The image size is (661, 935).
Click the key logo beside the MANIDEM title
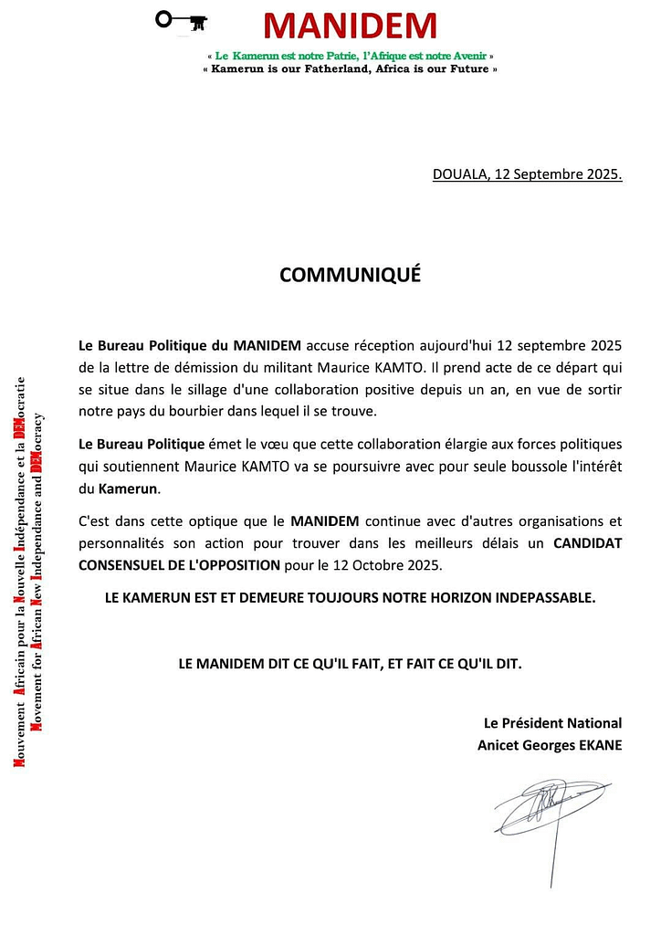(x=181, y=20)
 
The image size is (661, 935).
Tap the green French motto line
(x=351, y=57)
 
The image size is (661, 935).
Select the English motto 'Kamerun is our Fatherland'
(x=351, y=69)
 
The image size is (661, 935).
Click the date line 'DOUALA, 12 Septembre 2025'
(x=527, y=174)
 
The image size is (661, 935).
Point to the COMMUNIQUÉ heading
(x=350, y=275)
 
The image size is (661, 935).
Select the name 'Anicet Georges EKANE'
(x=550, y=744)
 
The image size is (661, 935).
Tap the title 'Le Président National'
(x=552, y=722)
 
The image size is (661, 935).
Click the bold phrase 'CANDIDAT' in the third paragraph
(x=587, y=543)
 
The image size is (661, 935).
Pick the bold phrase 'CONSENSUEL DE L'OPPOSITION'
(x=180, y=564)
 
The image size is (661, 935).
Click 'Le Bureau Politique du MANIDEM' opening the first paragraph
(x=190, y=345)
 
